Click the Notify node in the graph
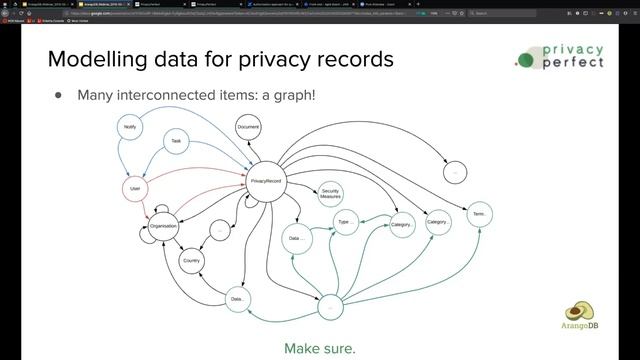tap(130, 128)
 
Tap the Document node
tap(249, 128)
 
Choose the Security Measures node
tap(330, 195)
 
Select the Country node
tap(192, 261)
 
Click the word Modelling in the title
tap(96, 59)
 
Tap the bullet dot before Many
tap(58, 95)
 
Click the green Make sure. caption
tap(320, 348)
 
